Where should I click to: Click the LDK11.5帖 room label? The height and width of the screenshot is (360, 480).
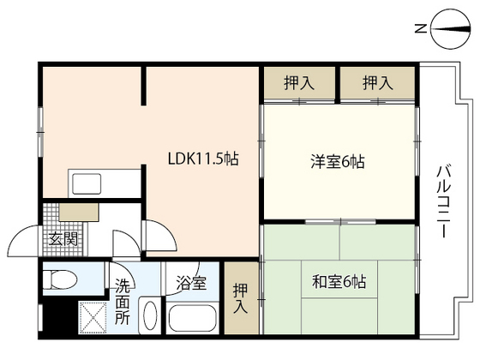click(203, 159)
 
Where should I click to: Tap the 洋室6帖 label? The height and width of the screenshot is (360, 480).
click(338, 162)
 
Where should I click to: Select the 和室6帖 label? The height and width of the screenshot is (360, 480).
click(339, 282)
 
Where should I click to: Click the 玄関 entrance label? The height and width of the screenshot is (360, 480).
click(63, 239)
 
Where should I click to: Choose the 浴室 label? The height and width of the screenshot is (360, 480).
click(191, 283)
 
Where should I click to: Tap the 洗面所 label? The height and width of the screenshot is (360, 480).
click(123, 302)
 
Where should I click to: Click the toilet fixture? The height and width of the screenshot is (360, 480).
click(60, 279)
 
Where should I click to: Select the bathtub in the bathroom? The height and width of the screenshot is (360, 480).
click(192, 318)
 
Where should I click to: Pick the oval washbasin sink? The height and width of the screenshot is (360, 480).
click(150, 315)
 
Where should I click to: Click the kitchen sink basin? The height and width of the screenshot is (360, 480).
click(87, 183)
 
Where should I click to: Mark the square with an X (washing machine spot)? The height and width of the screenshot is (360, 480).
click(93, 318)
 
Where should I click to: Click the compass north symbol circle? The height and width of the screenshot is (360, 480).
click(450, 29)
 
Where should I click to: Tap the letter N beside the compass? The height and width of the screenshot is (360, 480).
click(421, 29)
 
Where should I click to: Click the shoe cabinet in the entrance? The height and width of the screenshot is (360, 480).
click(79, 212)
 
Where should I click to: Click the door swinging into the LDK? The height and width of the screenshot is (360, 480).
click(161, 235)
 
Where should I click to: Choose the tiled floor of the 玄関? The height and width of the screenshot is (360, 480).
click(63, 230)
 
